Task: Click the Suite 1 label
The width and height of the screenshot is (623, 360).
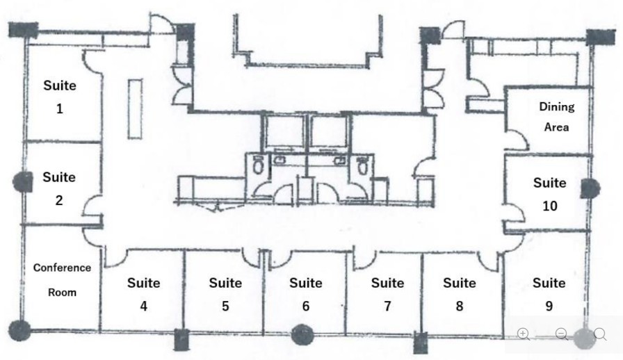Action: click(x=60, y=97)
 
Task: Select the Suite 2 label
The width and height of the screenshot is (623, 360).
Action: click(x=59, y=188)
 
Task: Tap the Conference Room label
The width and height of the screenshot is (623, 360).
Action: click(x=62, y=280)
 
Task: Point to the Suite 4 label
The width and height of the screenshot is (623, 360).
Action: click(x=143, y=294)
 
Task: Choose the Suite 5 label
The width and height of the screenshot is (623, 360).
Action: click(x=225, y=294)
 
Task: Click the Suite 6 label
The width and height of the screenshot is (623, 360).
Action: click(x=306, y=294)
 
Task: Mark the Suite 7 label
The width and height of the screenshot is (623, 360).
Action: click(x=387, y=294)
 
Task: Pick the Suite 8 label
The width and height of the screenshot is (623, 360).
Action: click(x=459, y=294)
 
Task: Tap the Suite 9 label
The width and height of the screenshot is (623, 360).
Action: click(x=549, y=294)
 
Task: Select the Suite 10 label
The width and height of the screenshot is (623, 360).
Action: click(x=549, y=194)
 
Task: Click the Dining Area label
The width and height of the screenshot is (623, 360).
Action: click(x=557, y=117)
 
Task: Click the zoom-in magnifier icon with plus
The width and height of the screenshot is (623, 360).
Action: click(x=524, y=334)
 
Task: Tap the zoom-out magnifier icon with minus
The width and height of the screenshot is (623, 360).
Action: click(x=562, y=334)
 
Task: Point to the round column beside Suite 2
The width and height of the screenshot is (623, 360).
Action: click(x=23, y=182)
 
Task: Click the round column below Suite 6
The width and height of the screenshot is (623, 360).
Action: click(x=303, y=334)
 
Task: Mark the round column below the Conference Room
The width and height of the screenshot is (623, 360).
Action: click(x=20, y=330)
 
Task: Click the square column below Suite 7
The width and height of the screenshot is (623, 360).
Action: click(x=420, y=342)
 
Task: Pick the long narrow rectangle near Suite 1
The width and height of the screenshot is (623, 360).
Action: click(x=135, y=109)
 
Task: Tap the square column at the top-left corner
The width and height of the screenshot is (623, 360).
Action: click(x=23, y=30)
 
